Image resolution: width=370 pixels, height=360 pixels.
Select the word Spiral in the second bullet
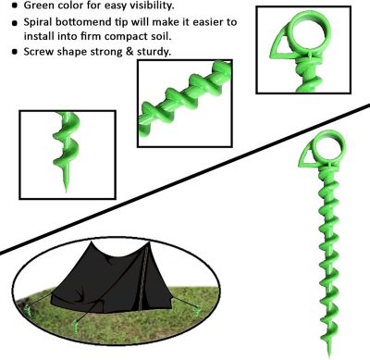(x=43, y=21)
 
